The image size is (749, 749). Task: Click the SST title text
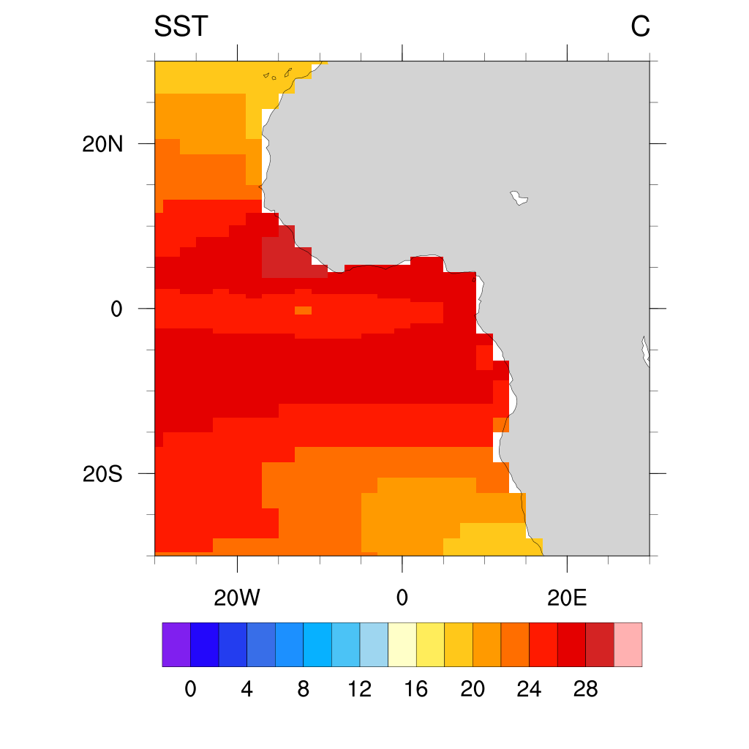181,27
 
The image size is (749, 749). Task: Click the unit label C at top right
640,27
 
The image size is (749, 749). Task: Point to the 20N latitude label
102,144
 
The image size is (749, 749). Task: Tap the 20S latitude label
102,474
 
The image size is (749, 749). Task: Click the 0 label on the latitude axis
116,309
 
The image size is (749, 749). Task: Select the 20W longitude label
237,598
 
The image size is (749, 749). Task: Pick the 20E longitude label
568,598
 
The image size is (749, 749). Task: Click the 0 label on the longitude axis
402,598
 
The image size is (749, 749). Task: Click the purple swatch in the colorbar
176,644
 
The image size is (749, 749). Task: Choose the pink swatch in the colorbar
628,644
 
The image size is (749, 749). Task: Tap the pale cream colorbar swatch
402,644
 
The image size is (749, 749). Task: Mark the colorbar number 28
586,689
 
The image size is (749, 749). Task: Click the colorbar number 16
416,689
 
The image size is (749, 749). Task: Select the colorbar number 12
360,689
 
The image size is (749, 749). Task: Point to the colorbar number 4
246,689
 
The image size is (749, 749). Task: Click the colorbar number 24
529,689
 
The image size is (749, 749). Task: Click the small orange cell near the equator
303,311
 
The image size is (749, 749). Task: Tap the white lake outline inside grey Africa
519,198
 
